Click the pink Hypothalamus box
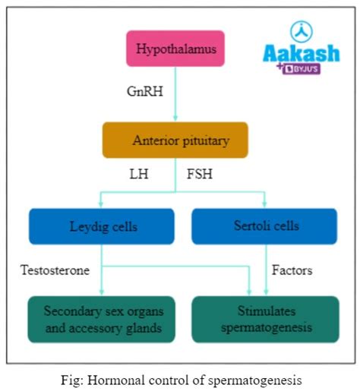(x=176, y=49)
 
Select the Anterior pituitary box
(x=175, y=140)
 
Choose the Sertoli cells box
(x=264, y=226)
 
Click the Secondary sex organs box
(x=101, y=319)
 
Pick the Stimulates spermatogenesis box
(x=264, y=319)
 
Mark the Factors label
(x=292, y=269)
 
